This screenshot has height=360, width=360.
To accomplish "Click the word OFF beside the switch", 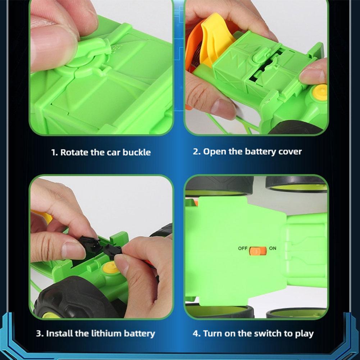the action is [x=243, y=249].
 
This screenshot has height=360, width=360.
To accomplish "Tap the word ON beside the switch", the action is [x=273, y=248].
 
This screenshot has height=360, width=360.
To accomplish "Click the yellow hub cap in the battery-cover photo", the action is [x=320, y=92].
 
